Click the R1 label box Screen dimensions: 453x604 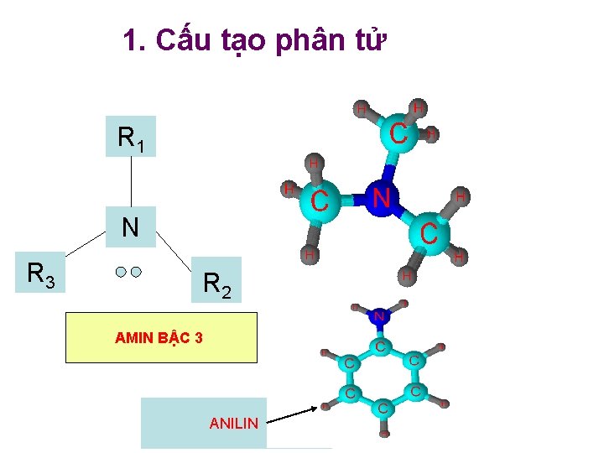[x=132, y=136]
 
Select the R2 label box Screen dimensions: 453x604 [x=216, y=280]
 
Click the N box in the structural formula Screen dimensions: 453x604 [x=131, y=226]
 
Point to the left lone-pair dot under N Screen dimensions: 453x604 [x=122, y=272]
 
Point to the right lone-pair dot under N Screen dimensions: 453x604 [x=136, y=272]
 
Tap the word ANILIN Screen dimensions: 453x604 [x=234, y=424]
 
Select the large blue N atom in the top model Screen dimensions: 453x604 [x=382, y=199]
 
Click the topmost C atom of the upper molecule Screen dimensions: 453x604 [x=400, y=133]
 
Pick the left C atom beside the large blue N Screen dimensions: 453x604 [x=320, y=201]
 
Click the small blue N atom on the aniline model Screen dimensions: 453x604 [x=379, y=316]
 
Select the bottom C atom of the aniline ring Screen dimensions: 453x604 [x=383, y=408]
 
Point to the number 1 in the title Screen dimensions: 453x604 [x=130, y=39]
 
